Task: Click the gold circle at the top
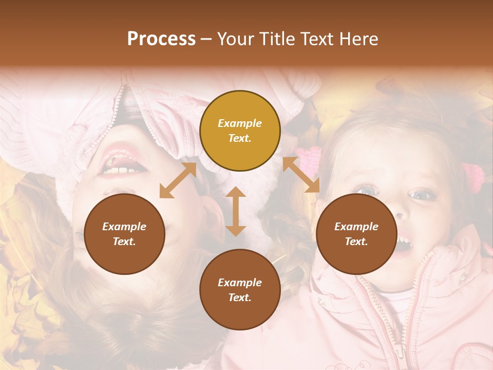(x=240, y=131)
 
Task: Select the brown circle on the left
(x=124, y=234)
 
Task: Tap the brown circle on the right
(x=356, y=234)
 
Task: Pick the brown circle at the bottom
(x=240, y=290)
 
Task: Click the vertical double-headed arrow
(x=236, y=211)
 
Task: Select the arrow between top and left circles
(x=178, y=180)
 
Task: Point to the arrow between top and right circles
(x=301, y=175)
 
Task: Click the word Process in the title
(x=161, y=39)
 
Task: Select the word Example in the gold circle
(x=240, y=123)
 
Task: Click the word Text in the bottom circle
(x=240, y=298)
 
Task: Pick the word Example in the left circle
(x=124, y=227)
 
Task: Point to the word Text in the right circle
(x=356, y=242)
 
